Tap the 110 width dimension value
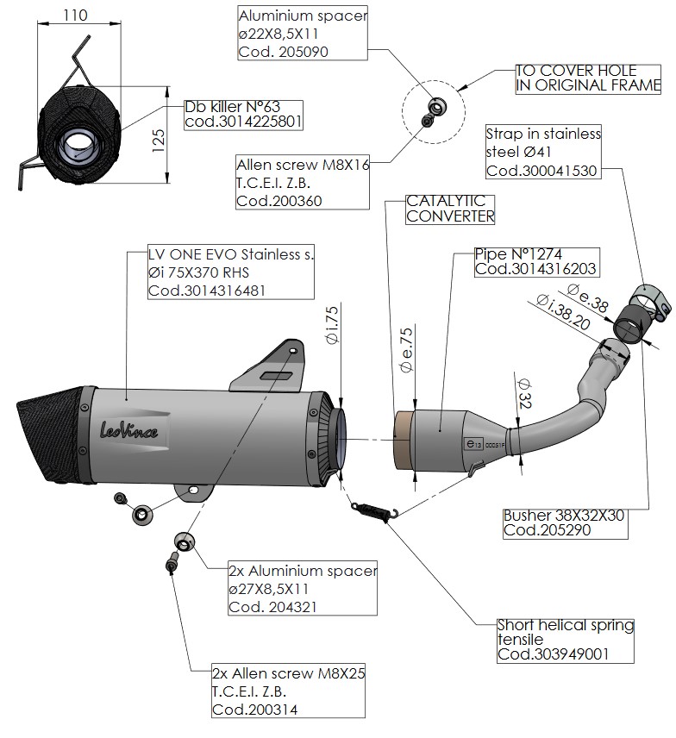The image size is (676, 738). pos(80,15)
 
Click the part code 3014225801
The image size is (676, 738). pos(243,122)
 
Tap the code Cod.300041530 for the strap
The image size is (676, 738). pos(541,170)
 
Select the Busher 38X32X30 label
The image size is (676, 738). pos(563,516)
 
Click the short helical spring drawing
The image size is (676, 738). pos(373,509)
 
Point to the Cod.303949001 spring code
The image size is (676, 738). pos(553,655)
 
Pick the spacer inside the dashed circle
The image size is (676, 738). pos(438,107)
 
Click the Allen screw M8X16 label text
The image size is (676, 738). pos(302,165)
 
